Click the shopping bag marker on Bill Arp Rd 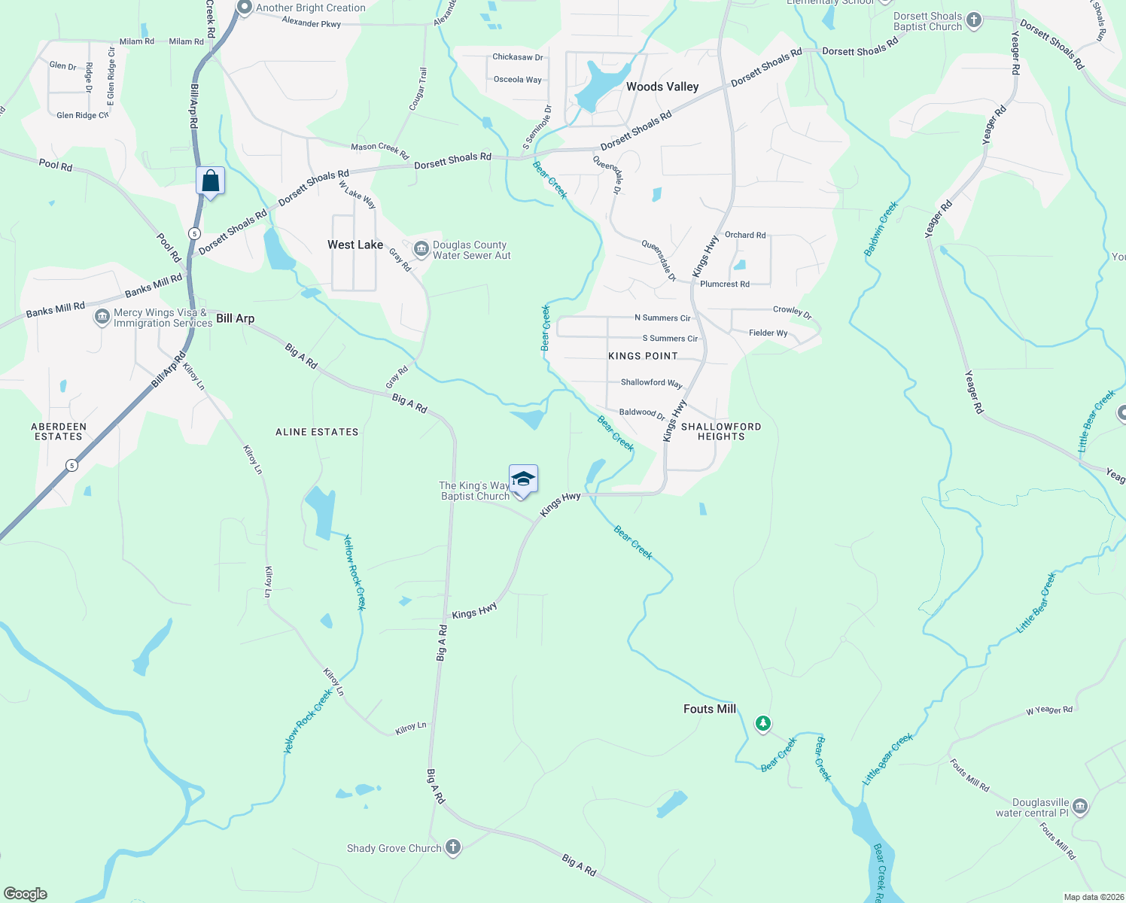(x=210, y=181)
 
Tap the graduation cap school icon (x=523, y=479)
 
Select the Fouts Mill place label (x=709, y=709)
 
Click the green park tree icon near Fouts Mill (x=763, y=724)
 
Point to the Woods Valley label (x=662, y=87)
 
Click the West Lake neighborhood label (x=355, y=245)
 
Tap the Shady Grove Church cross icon (x=453, y=847)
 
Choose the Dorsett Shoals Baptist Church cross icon (x=974, y=20)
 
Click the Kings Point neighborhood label (x=643, y=356)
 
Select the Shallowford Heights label (x=721, y=431)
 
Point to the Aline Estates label (x=317, y=432)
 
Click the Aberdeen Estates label (x=59, y=431)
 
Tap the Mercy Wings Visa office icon (x=102, y=318)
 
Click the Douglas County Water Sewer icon (x=421, y=248)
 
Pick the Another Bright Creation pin (x=244, y=8)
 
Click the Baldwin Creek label (x=881, y=229)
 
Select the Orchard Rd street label (x=745, y=235)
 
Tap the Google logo (x=26, y=894)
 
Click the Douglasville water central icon (x=1080, y=807)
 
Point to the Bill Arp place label (x=236, y=318)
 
